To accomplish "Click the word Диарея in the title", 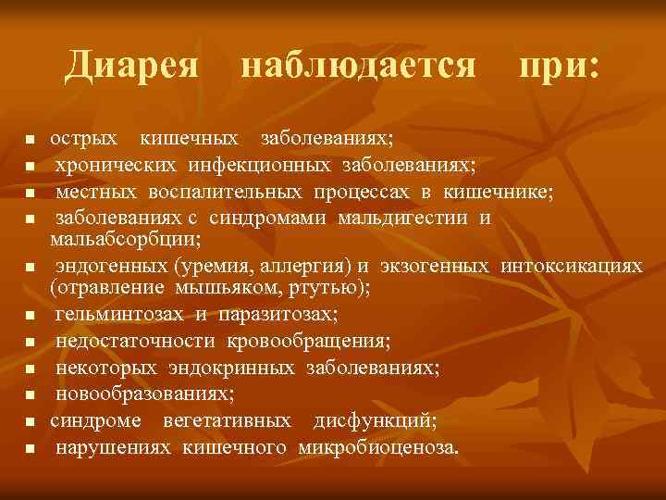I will [x=131, y=65].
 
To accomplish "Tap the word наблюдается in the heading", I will [x=359, y=65].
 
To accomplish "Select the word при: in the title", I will [x=559, y=65].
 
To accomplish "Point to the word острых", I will [x=83, y=139].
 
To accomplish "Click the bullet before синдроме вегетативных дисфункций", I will [x=30, y=422].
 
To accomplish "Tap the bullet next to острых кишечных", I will [x=30, y=141].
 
